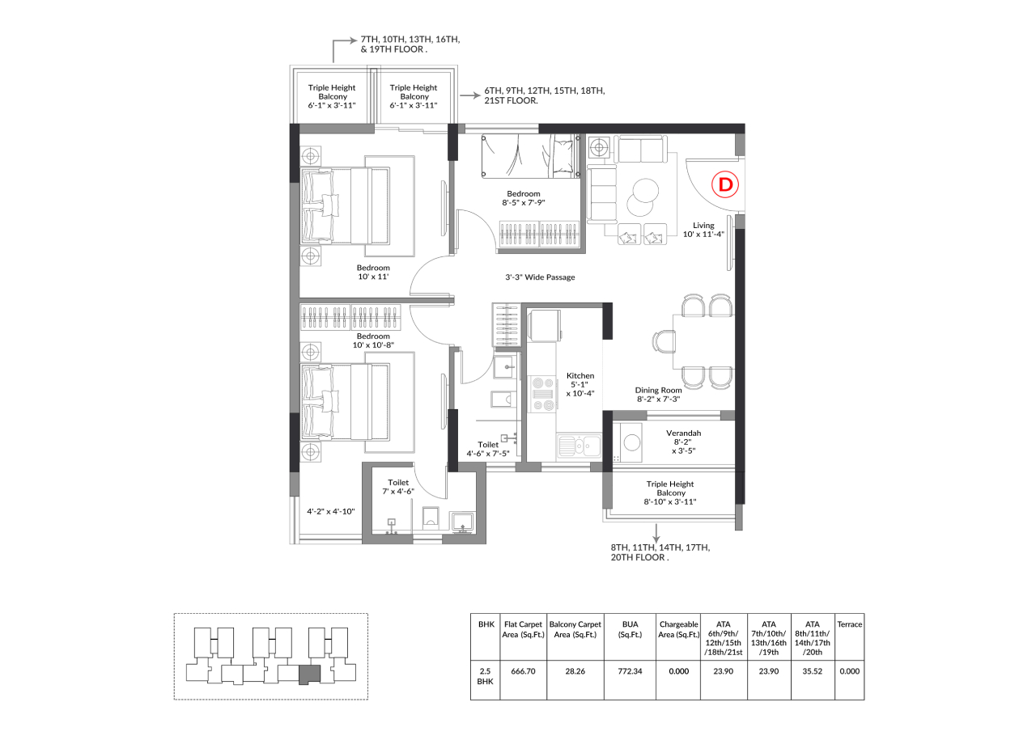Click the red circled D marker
725,184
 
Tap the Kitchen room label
580,376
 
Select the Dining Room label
658,390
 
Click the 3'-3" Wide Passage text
540,277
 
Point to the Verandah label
684,433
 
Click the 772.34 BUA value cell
630,671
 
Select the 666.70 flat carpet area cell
523,671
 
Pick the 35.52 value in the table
812,671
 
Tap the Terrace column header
850,624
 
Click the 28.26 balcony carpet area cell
575,671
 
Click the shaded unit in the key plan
309,674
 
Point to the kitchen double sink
579,446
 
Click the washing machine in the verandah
631,443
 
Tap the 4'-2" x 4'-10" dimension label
331,511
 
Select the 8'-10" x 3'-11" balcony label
670,501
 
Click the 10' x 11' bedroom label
373,277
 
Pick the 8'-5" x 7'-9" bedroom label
524,202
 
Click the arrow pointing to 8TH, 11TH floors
656,534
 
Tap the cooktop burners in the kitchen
542,395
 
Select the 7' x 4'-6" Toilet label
398,492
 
